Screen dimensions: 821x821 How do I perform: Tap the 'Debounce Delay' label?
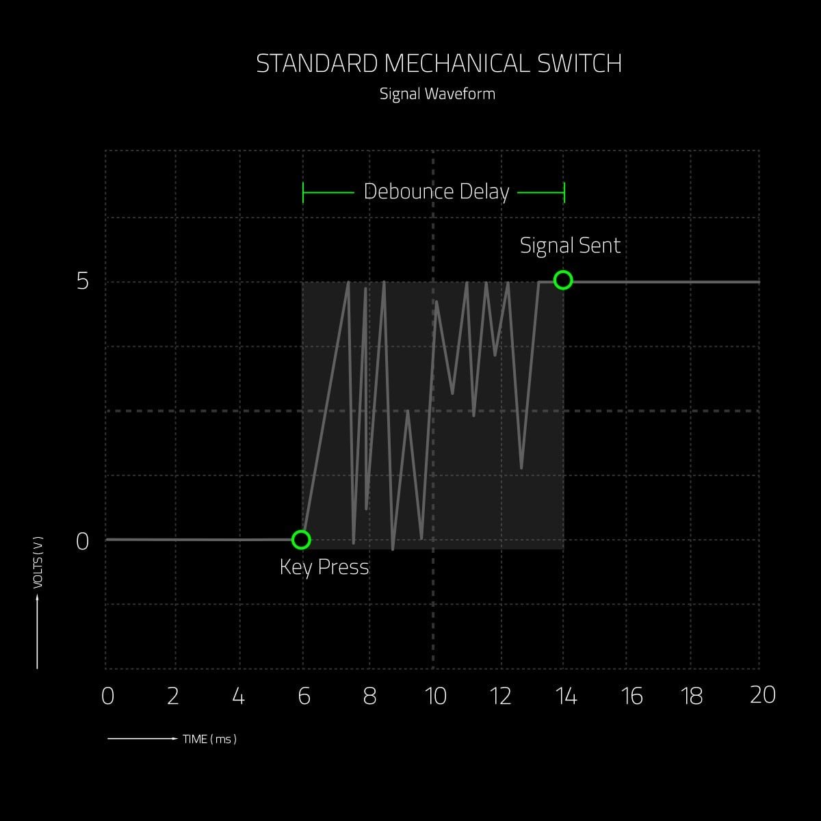pyautogui.click(x=436, y=192)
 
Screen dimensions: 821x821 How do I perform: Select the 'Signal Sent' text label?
pyautogui.click(x=570, y=246)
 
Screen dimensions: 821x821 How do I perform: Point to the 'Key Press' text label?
pyautogui.click(x=324, y=567)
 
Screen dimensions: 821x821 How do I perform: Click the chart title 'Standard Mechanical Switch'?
pyautogui.click(x=439, y=64)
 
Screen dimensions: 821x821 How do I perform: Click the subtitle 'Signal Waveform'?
pyautogui.click(x=438, y=94)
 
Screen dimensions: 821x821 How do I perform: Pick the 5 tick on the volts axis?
pyautogui.click(x=83, y=281)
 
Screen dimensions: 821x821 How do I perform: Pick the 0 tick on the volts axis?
pyautogui.click(x=82, y=541)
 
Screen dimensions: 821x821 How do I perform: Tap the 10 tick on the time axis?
pyautogui.click(x=435, y=696)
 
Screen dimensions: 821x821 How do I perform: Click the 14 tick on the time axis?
pyautogui.click(x=566, y=696)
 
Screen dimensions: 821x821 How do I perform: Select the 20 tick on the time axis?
pyautogui.click(x=763, y=695)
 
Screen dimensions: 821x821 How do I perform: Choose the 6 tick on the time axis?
pyautogui.click(x=304, y=696)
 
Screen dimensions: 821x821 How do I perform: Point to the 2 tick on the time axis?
pyautogui.click(x=172, y=696)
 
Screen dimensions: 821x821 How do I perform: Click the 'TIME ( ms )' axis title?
pyautogui.click(x=209, y=739)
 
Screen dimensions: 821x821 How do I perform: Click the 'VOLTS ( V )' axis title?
pyautogui.click(x=38, y=562)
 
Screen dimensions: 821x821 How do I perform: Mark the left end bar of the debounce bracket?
pyautogui.click(x=303, y=192)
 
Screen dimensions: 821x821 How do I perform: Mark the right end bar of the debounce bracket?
pyautogui.click(x=564, y=192)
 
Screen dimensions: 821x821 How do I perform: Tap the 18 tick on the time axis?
pyautogui.click(x=692, y=696)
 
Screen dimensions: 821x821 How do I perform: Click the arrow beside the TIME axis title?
pyautogui.click(x=143, y=738)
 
